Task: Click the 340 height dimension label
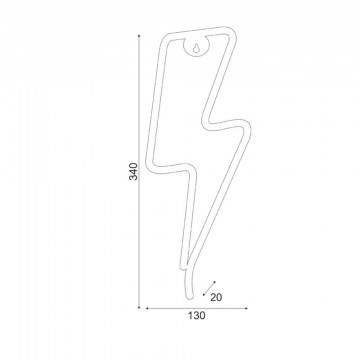pyautogui.click(x=133, y=171)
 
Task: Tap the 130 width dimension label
pyautogui.click(x=196, y=315)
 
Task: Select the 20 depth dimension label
pyautogui.click(x=216, y=297)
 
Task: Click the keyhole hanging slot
pyautogui.click(x=196, y=48)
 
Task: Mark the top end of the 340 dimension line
pyautogui.click(x=139, y=35)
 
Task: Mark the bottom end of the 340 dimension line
pyautogui.click(x=139, y=307)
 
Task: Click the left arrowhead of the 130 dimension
pyautogui.click(x=147, y=308)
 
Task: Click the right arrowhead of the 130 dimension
pyautogui.click(x=246, y=308)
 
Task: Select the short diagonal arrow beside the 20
pyautogui.click(x=209, y=288)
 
